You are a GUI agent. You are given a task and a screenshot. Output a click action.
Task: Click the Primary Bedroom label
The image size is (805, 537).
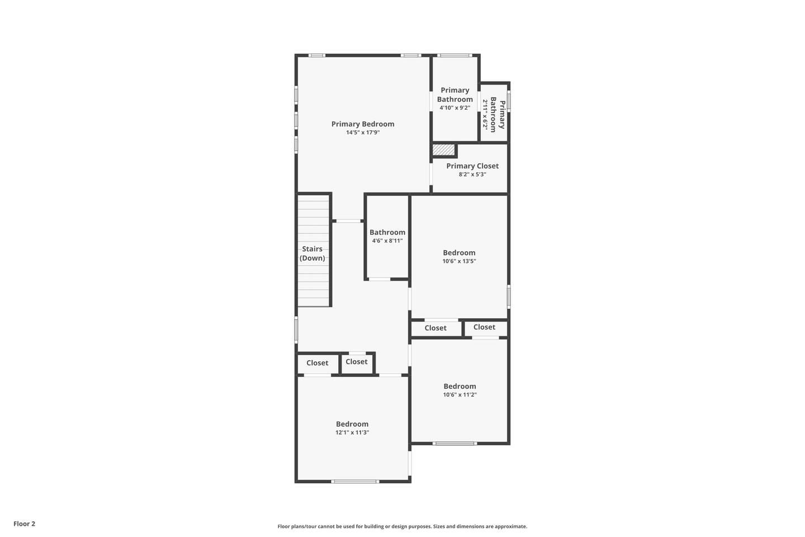pyautogui.click(x=363, y=124)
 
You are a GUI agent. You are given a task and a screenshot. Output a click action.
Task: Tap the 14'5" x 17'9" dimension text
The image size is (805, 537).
pyautogui.click(x=363, y=133)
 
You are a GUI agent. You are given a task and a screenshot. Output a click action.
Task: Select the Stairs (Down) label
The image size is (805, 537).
pyautogui.click(x=312, y=253)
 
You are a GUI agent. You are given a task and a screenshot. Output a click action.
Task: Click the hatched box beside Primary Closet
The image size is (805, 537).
pyautogui.click(x=443, y=150)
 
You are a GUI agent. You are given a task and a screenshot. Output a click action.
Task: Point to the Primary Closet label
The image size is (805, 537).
pyautogui.click(x=472, y=166)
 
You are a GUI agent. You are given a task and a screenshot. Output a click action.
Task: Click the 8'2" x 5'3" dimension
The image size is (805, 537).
pyautogui.click(x=472, y=175)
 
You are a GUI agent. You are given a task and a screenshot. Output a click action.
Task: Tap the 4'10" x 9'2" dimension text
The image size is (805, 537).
pyautogui.click(x=454, y=108)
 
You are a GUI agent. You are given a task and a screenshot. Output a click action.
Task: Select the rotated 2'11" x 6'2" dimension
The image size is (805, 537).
pyautogui.click(x=485, y=115)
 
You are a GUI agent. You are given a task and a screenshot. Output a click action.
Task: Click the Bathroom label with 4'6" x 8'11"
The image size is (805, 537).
pyautogui.click(x=387, y=232)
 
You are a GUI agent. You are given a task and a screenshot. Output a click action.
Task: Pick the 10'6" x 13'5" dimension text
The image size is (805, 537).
pyautogui.click(x=459, y=261)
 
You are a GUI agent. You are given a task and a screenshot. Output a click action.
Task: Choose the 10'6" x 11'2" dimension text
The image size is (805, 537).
pyautogui.click(x=460, y=394)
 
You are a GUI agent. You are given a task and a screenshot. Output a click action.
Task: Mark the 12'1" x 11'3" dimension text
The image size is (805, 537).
pyautogui.click(x=352, y=432)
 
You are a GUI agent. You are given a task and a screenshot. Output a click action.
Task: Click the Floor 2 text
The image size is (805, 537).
pyautogui.click(x=25, y=524)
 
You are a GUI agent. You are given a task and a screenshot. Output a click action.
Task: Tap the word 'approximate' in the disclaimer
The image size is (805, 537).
pyautogui.click(x=511, y=526)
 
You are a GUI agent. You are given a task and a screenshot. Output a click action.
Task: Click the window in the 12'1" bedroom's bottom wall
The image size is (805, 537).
pyautogui.click(x=354, y=482)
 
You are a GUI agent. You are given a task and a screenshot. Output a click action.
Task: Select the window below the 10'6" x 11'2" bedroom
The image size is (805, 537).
pyautogui.click(x=454, y=444)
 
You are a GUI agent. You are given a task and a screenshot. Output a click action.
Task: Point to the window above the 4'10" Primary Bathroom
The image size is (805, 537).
pyautogui.click(x=454, y=55)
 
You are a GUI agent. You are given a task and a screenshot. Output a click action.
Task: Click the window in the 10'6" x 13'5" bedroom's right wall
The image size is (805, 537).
pyautogui.click(x=509, y=296)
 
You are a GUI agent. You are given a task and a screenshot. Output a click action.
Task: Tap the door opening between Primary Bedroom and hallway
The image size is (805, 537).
pyautogui.click(x=348, y=221)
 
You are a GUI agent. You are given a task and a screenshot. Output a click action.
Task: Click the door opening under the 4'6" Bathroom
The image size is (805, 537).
pyautogui.click(x=380, y=279)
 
